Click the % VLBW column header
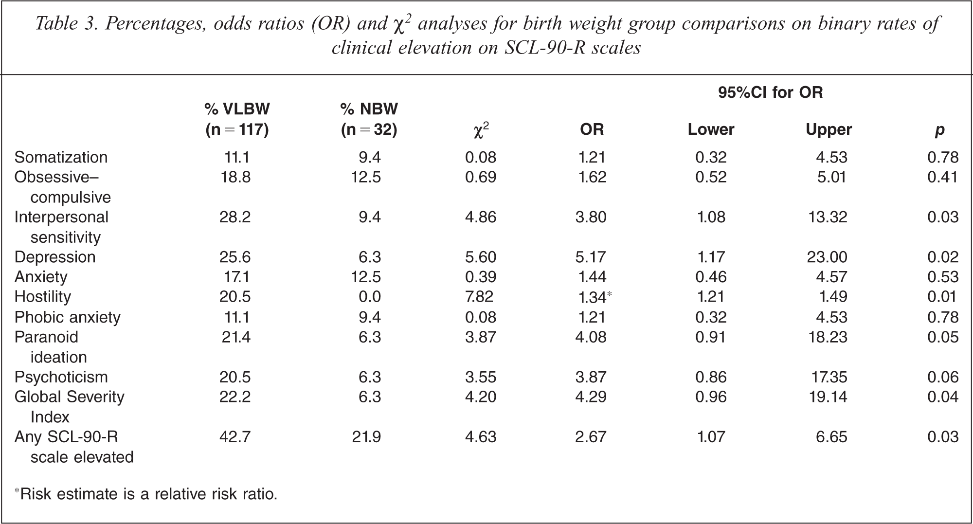pos(237,119)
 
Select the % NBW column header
pos(369,119)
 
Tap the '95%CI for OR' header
pos(771,92)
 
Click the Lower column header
pos(711,129)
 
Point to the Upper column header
pos(829,129)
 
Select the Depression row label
pos(55,257)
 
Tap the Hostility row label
pos(43,297)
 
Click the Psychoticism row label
pos(61,377)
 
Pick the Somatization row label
pos(61,157)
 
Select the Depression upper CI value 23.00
pos(827,257)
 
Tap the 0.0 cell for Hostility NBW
pos(369,297)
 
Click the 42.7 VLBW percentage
pos(235,437)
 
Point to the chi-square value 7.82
pos(479,297)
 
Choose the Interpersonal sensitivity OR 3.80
pos(591,217)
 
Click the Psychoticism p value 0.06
pos(943,377)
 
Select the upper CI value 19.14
pos(828,397)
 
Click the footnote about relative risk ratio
pos(146,494)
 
